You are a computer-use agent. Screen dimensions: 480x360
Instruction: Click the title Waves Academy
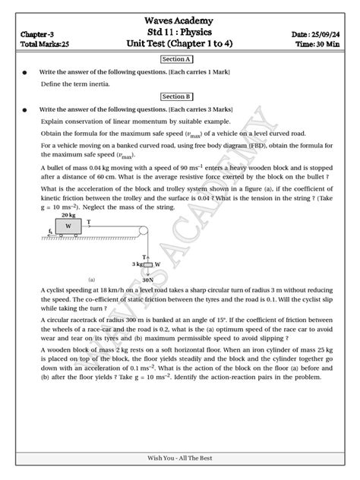180,21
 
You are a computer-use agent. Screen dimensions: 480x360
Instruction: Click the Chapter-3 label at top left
37,35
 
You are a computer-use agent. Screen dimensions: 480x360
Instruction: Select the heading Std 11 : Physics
180,33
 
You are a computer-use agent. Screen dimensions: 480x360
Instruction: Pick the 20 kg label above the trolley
68,216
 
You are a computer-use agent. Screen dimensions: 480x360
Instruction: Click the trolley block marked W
68,226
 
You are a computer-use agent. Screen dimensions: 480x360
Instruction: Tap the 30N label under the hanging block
148,279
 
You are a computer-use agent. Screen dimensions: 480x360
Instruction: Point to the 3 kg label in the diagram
137,264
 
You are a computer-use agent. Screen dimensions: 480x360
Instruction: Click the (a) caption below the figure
92,279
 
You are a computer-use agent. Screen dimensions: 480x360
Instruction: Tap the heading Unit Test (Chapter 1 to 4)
180,46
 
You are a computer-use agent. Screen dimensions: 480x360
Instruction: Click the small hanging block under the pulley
147,264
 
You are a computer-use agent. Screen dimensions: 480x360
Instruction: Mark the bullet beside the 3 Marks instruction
25,109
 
